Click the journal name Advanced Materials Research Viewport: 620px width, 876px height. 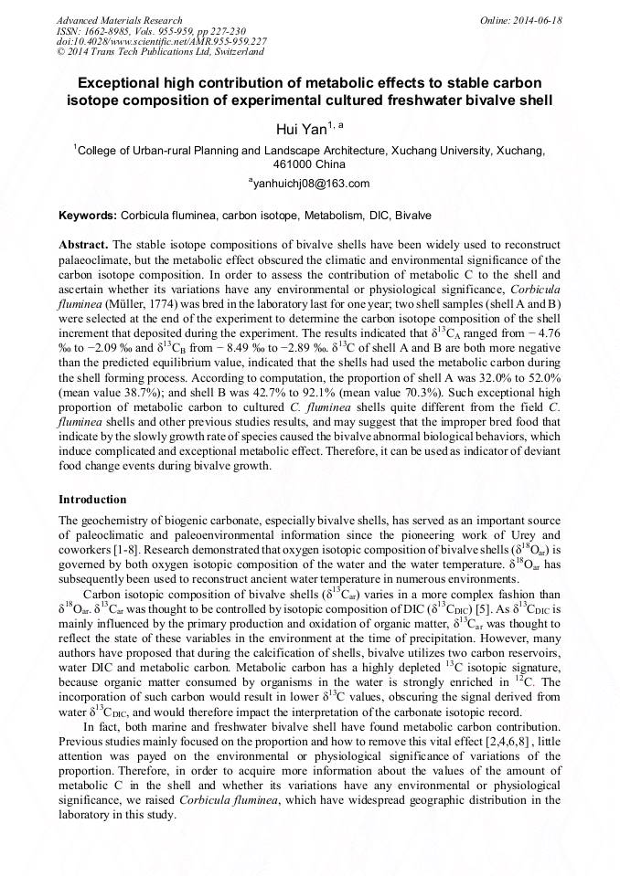119,20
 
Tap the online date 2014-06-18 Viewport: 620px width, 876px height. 538,20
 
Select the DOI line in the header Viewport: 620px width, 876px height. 162,41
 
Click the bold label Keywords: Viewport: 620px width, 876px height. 88,216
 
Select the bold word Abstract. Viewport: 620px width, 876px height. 83,247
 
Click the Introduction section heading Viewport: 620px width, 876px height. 92,500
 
